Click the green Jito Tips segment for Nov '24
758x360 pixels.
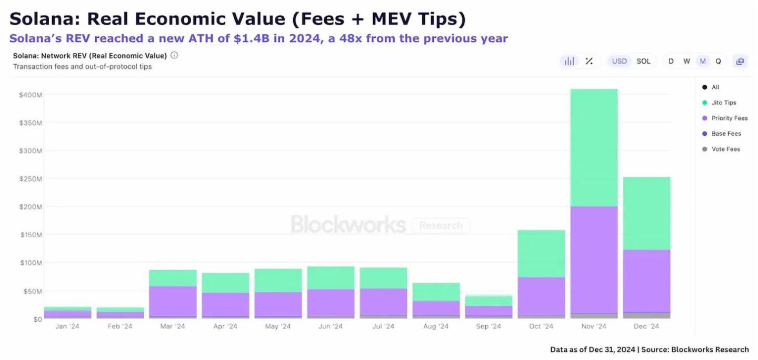(594, 147)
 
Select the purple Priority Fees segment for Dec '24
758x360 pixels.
(646, 281)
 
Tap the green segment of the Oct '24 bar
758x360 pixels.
(541, 253)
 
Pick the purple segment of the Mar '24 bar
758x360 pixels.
(173, 301)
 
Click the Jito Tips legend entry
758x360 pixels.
(723, 103)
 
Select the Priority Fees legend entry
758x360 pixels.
(729, 118)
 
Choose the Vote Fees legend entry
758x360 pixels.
(725, 149)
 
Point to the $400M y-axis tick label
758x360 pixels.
(29, 95)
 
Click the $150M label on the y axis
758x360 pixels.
(29, 235)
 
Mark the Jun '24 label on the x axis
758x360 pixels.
(331, 326)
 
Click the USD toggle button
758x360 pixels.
(619, 61)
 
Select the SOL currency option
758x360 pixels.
(643, 61)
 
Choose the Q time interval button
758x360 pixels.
(718, 61)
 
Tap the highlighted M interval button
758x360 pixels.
(702, 61)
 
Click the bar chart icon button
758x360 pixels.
(569, 61)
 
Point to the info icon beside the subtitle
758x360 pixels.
(174, 55)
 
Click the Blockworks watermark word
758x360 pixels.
(348, 225)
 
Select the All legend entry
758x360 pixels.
(715, 87)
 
